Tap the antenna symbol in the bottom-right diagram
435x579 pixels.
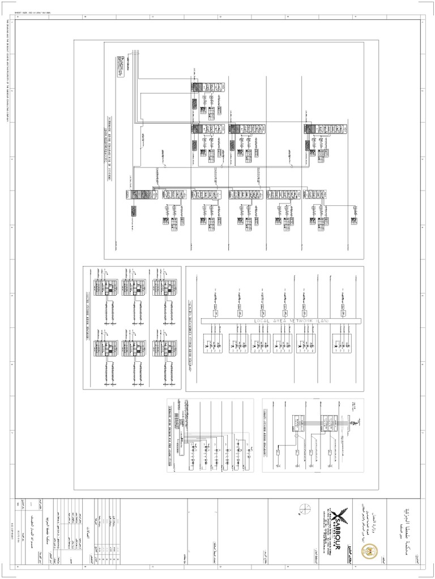pyautogui.click(x=353, y=423)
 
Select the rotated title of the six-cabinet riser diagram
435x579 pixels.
pyautogui.click(x=88, y=317)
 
